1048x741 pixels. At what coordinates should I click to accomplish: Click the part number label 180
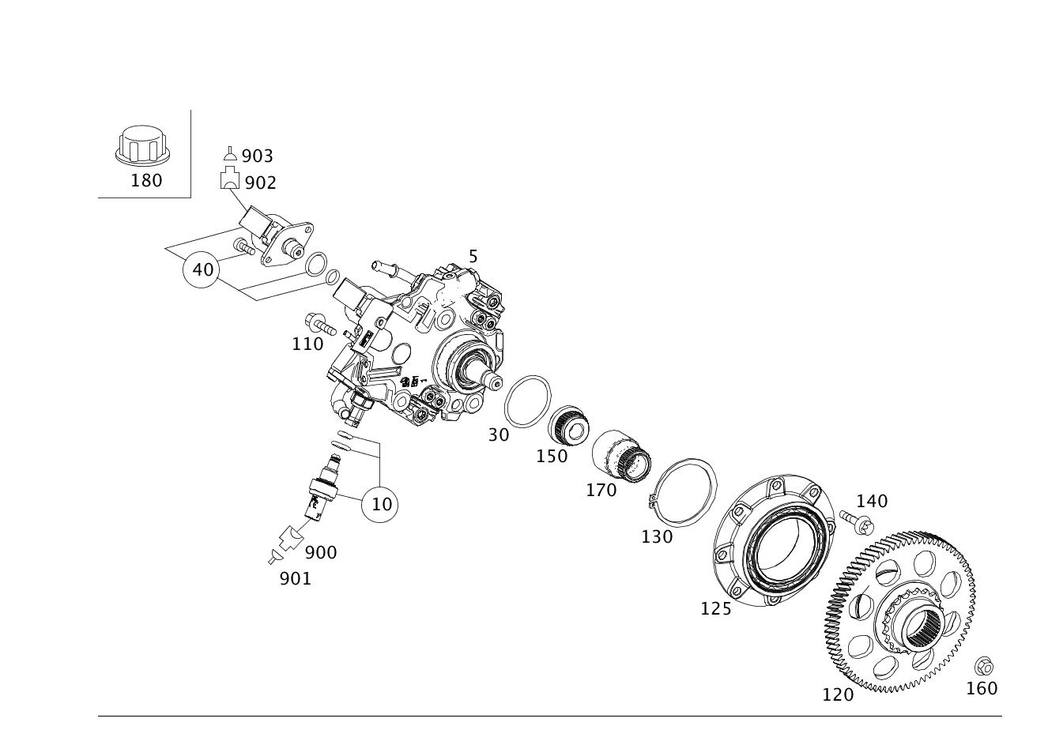tap(146, 180)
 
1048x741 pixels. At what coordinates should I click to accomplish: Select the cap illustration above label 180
tap(143, 145)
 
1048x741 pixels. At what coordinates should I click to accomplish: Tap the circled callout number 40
tap(202, 269)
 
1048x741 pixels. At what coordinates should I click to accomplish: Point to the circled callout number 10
tap(381, 504)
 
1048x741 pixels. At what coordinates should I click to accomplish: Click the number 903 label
tap(257, 156)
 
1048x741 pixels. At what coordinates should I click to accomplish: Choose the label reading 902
tap(260, 183)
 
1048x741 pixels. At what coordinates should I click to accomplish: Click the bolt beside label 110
tap(319, 324)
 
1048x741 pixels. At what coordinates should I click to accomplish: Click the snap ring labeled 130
tap(684, 492)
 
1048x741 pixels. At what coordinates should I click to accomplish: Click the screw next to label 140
tap(856, 521)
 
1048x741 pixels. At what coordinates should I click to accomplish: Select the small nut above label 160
tap(983, 665)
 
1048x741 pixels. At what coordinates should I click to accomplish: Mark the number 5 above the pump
tap(473, 257)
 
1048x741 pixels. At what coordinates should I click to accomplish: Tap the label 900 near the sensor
tap(321, 553)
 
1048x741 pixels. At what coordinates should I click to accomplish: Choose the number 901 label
tap(296, 579)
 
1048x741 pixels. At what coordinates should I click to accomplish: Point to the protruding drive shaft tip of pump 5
tap(494, 384)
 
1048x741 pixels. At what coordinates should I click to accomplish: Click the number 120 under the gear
tap(838, 695)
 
